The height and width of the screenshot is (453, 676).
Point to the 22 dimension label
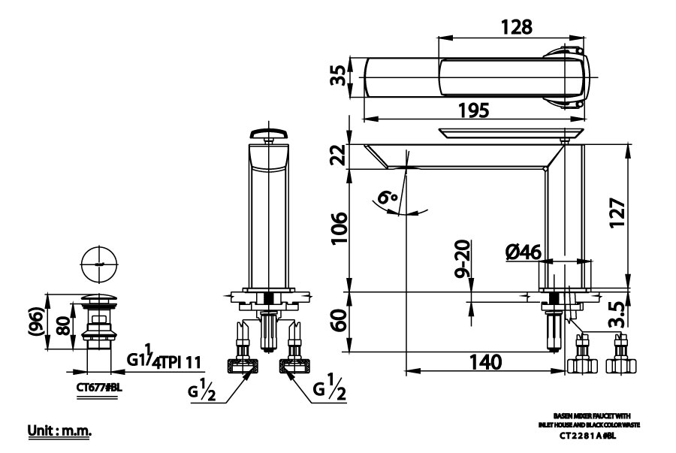(x=340, y=156)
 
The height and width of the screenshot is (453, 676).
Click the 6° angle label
(x=388, y=199)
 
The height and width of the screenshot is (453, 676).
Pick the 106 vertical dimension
(x=340, y=231)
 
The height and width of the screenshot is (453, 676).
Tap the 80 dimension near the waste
(x=65, y=326)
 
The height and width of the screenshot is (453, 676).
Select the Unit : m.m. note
(x=59, y=430)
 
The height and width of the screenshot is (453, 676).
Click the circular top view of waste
(x=97, y=264)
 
